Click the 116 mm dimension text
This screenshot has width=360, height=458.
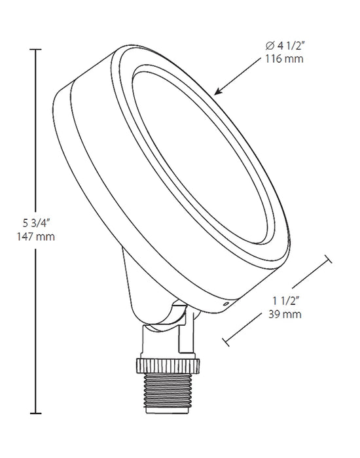(x=284, y=59)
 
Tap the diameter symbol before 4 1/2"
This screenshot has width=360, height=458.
(x=270, y=46)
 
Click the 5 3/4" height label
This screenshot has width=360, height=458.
(x=35, y=224)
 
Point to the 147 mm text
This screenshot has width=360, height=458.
(x=35, y=236)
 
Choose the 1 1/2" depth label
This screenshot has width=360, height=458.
(x=285, y=301)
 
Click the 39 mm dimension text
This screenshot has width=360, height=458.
(x=285, y=314)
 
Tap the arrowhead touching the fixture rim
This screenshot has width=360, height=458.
(x=218, y=91)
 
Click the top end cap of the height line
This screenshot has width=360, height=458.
(x=35, y=50)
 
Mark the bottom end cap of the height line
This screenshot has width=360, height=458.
(x=35, y=414)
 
